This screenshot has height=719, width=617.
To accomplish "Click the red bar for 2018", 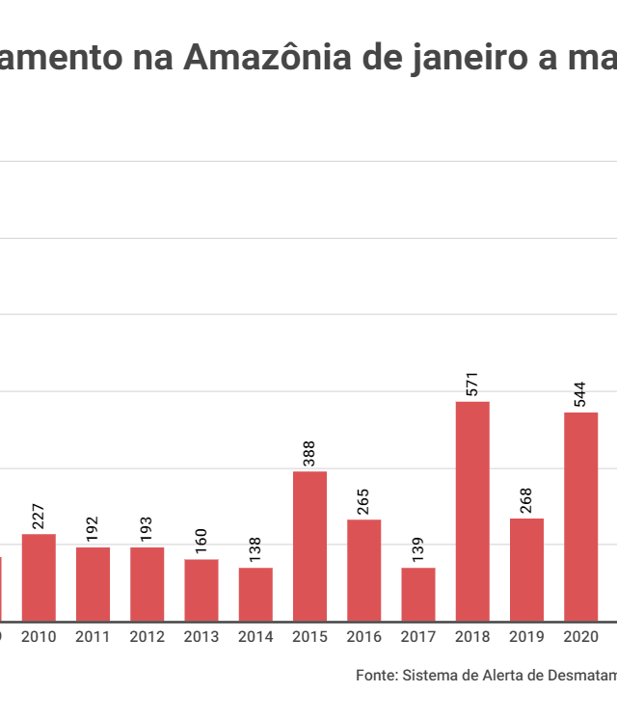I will pyautogui.click(x=472, y=511).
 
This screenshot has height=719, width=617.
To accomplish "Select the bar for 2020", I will pyautogui.click(x=581, y=517).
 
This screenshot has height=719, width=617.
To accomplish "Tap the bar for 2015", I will pyautogui.click(x=309, y=546).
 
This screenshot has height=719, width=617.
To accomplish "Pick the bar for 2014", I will pyautogui.click(x=255, y=594).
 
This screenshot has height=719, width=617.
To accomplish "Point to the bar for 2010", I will pyautogui.click(x=39, y=576).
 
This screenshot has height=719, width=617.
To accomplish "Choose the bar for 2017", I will pyautogui.click(x=418, y=594).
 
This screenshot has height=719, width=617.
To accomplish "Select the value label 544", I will pyautogui.click(x=581, y=394).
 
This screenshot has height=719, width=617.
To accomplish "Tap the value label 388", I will pyautogui.click(x=309, y=453).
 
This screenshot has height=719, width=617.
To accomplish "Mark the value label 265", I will pyautogui.click(x=363, y=501).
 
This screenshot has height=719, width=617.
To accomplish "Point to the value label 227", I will pyautogui.click(x=39, y=516).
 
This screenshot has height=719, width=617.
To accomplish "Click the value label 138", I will pyautogui.click(x=255, y=549).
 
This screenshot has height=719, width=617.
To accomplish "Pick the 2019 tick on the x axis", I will pyautogui.click(x=526, y=637).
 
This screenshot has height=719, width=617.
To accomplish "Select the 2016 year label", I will pyautogui.click(x=363, y=637).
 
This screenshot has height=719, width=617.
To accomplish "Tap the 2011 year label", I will pyautogui.click(x=93, y=637).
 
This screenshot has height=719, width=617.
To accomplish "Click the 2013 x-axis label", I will pyautogui.click(x=201, y=637).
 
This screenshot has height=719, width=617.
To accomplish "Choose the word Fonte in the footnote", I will pyautogui.click(x=375, y=676).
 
